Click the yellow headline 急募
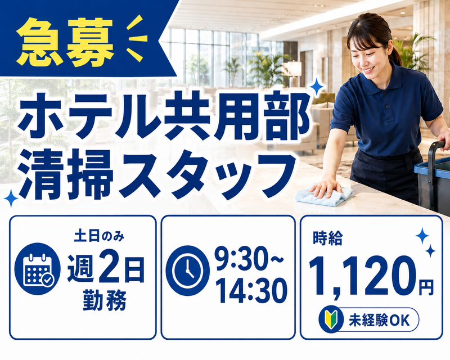pos(65,42)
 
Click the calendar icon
pos(38,269)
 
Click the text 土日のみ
pos(99,237)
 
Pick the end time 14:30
pos(251,291)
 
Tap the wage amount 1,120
pos(362,276)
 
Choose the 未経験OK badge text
pos(379,320)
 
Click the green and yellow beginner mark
pos(331,319)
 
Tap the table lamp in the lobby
pos(294,74)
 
